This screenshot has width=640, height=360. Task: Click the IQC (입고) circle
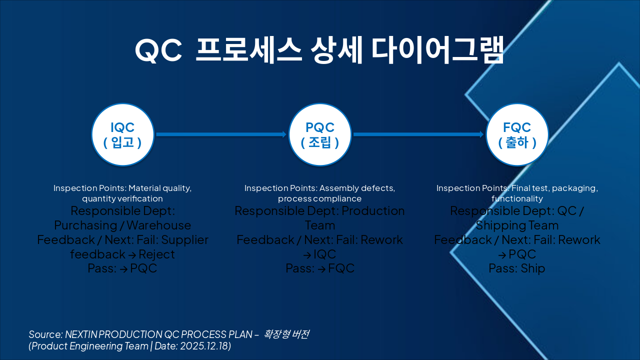(x=122, y=134)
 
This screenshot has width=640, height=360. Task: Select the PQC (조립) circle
(x=320, y=134)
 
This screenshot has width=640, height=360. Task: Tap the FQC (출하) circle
(x=517, y=134)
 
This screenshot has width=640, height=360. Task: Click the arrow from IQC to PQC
(x=220, y=134)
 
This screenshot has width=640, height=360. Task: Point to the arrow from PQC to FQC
(x=418, y=134)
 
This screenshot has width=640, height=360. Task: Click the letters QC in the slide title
(x=158, y=50)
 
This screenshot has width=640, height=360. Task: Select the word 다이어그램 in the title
(x=437, y=50)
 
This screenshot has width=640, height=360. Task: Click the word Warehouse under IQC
(x=158, y=225)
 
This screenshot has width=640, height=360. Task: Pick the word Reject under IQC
(x=156, y=254)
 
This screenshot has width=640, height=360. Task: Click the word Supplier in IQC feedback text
(x=184, y=240)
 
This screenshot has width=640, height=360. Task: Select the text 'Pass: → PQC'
(x=122, y=268)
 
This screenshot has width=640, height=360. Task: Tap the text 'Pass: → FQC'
(x=320, y=268)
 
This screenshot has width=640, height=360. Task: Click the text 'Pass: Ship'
(x=517, y=268)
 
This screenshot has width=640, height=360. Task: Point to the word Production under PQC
(x=373, y=211)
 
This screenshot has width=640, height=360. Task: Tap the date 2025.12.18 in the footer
(x=203, y=346)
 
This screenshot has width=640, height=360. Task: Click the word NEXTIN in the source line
(x=81, y=334)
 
